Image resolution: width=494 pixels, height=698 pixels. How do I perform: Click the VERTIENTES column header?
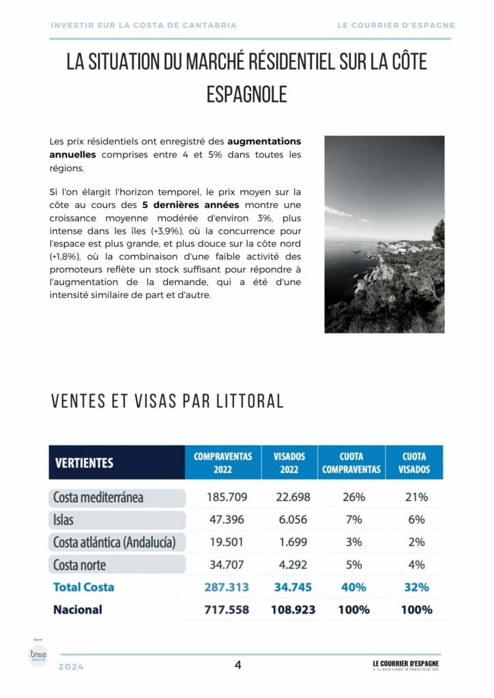click(x=83, y=463)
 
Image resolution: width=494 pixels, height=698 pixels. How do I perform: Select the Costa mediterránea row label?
click(x=98, y=497)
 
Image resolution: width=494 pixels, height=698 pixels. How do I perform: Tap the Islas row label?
click(x=63, y=520)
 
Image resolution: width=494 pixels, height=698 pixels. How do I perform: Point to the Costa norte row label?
click(x=80, y=565)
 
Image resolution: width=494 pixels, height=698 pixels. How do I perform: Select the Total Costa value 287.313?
click(x=227, y=587)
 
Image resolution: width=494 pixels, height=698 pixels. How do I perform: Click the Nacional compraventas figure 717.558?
click(x=227, y=609)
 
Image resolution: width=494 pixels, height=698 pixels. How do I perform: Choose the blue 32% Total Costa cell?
click(x=415, y=587)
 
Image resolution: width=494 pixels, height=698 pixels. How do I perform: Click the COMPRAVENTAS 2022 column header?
click(x=223, y=463)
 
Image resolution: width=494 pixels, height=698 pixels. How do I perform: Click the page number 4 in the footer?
click(x=238, y=665)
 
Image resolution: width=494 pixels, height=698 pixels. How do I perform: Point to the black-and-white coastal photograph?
click(x=384, y=234)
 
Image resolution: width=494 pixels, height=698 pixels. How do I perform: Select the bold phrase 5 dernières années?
click(x=191, y=204)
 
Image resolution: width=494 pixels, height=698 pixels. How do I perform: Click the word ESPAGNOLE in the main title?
click(x=246, y=94)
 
